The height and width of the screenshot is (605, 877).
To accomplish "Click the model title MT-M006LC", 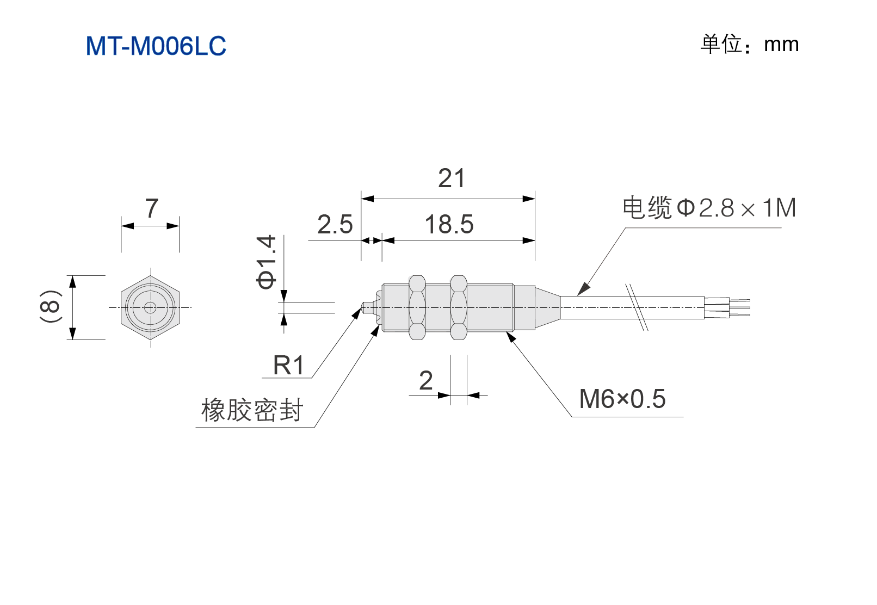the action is pos(156,46).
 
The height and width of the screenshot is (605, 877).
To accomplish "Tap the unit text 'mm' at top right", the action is pos(781,45).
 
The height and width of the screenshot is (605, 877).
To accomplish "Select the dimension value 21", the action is pos(452,178).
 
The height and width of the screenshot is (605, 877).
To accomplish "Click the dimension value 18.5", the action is pos(449,224).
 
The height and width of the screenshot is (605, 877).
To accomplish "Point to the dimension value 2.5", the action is pos(335,224).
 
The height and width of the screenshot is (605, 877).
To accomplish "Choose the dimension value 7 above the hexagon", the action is pos(152,208).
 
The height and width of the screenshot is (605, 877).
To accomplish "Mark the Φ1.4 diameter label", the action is pos(266,262).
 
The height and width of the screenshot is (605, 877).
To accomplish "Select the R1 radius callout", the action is pos(288,366).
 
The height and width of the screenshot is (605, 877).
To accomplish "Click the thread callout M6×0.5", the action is pos(622,399).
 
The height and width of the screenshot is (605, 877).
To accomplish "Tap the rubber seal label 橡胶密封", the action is pos(252,410).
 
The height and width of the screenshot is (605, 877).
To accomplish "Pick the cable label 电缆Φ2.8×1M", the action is pos(709,207).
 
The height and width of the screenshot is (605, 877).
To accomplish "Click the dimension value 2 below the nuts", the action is pos(426,380).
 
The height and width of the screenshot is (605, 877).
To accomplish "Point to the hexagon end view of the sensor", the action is pos(150,308).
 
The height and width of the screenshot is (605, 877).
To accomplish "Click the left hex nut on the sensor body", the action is pos(417,307).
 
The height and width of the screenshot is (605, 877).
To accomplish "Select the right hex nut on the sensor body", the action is pos(459,307).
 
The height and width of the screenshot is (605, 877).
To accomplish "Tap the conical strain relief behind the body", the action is pos(548,308).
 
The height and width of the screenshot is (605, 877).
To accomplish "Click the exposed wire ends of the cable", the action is pos(727,308).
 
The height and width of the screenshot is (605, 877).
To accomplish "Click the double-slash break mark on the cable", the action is pos(636,307).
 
